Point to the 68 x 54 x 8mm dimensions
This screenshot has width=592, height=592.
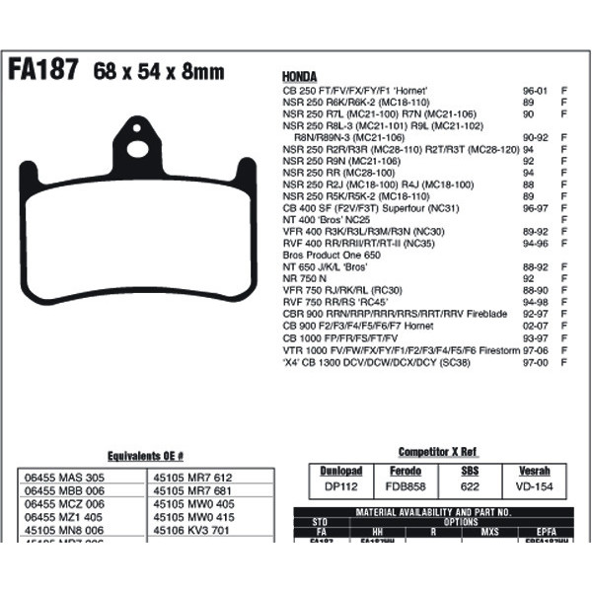pos(159,72)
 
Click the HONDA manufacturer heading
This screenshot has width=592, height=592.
pos(300,76)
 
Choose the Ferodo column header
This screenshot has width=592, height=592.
pos(406,471)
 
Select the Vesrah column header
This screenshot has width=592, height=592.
pos(533,471)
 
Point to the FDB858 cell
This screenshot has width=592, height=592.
pos(406,486)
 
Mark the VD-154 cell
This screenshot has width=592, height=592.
pos(533,486)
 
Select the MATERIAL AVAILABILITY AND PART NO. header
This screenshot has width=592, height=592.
pos(435,512)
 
